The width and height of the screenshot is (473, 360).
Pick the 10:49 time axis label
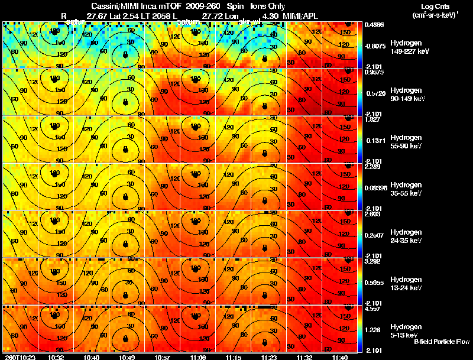coord(125,357)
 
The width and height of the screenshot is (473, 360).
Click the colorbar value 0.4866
coord(374,25)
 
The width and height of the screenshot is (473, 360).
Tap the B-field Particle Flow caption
coord(441,342)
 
